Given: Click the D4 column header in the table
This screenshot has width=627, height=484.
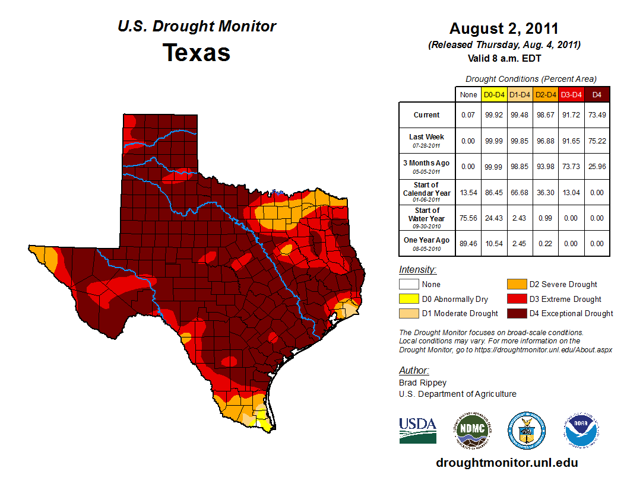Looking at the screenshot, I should click(x=597, y=94).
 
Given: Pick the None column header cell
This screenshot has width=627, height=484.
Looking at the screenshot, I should click(x=468, y=94).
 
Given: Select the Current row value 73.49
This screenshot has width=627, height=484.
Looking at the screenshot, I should click(x=597, y=115).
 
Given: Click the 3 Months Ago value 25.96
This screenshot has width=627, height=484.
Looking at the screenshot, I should click(x=597, y=166).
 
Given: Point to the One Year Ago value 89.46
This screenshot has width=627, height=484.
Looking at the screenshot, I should click(x=468, y=243).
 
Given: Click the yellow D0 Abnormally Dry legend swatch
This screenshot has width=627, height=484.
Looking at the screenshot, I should click(x=408, y=299).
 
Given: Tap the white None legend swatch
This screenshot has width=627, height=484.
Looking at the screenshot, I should click(x=408, y=285).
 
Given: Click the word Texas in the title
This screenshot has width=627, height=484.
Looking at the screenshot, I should click(x=197, y=53).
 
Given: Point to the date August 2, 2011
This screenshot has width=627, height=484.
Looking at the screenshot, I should click(x=503, y=28).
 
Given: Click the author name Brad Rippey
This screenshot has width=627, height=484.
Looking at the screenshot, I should click(x=423, y=383).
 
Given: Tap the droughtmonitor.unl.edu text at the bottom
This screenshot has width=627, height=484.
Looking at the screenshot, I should click(x=506, y=463).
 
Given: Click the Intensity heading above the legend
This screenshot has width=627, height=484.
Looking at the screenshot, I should click(x=417, y=270).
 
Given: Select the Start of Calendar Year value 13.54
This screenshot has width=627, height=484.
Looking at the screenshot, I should click(x=468, y=192).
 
